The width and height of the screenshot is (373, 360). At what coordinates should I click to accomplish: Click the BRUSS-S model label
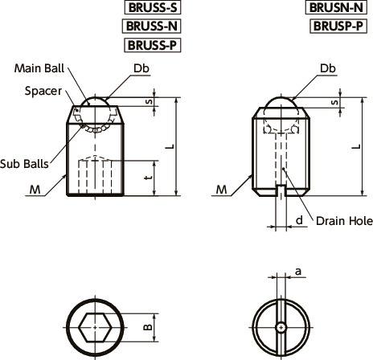pos(153,7)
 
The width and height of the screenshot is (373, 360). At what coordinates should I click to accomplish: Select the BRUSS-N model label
pos(152,26)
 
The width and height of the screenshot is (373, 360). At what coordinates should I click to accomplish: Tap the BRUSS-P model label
pos(152,45)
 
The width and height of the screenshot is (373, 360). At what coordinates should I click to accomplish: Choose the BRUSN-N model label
pos(336,7)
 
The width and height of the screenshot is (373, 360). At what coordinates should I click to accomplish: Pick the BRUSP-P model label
pos(338,26)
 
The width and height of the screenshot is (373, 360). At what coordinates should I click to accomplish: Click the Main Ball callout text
pos(39,68)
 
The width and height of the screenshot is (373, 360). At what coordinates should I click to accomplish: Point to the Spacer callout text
pos(43,92)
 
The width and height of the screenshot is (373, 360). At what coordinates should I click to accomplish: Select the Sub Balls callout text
pos(24,164)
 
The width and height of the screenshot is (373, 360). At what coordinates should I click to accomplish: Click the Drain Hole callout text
pos(344,221)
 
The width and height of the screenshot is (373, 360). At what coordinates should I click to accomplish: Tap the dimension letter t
pos(150,177)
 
